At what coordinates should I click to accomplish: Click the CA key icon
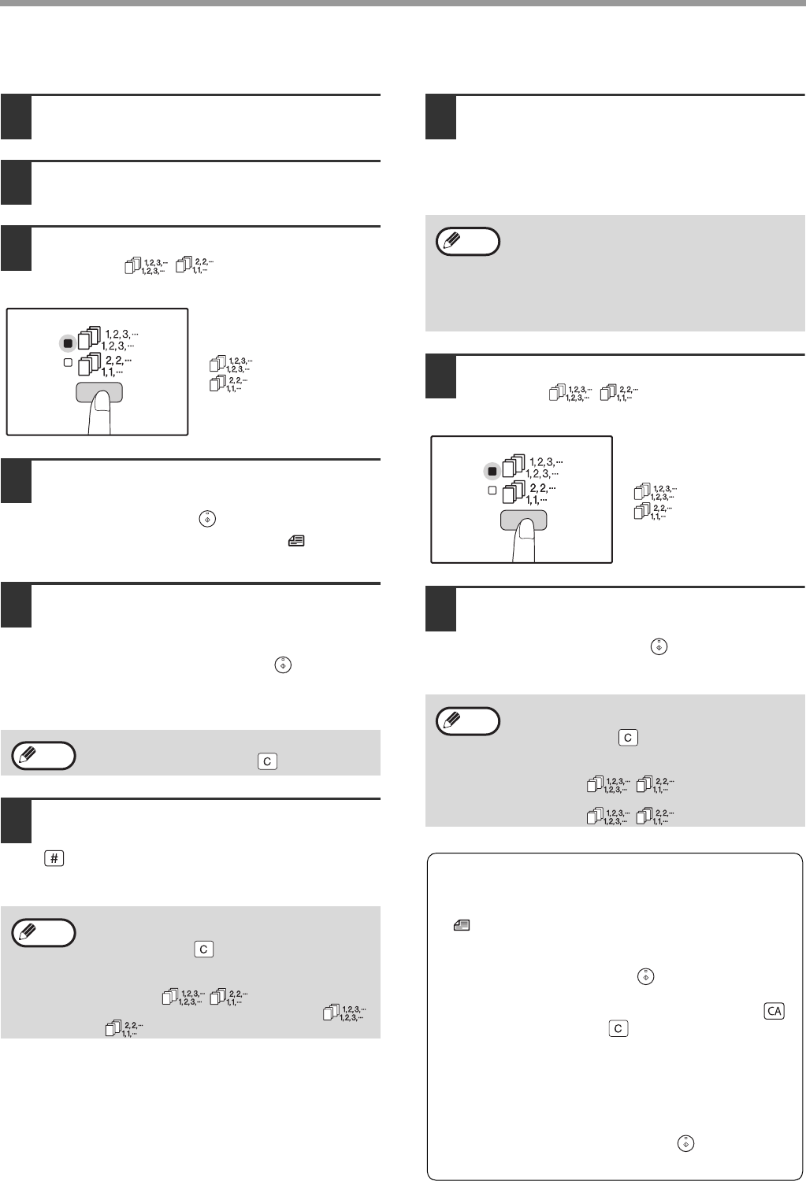(774, 1011)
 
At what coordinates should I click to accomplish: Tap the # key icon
(54, 858)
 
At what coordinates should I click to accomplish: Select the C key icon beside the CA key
(618, 1028)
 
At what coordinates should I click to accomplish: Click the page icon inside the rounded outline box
(462, 925)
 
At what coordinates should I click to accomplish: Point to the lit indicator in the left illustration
(68, 343)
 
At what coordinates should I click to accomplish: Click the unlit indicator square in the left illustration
(68, 363)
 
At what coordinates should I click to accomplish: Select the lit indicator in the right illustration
(492, 472)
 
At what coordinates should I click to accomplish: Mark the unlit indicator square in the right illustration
(492, 491)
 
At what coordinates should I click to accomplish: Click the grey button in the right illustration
(523, 520)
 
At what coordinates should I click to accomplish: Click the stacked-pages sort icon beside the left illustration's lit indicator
(89, 338)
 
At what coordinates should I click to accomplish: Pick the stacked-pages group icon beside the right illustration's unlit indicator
(514, 492)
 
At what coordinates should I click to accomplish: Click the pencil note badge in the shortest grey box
(44, 756)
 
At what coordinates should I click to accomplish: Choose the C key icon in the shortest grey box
(267, 761)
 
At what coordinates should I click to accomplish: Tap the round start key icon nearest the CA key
(645, 976)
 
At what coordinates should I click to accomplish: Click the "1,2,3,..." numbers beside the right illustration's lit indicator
(544, 468)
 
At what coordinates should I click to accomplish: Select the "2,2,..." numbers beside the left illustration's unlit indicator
(117, 366)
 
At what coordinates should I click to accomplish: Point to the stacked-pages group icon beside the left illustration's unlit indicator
(89, 364)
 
